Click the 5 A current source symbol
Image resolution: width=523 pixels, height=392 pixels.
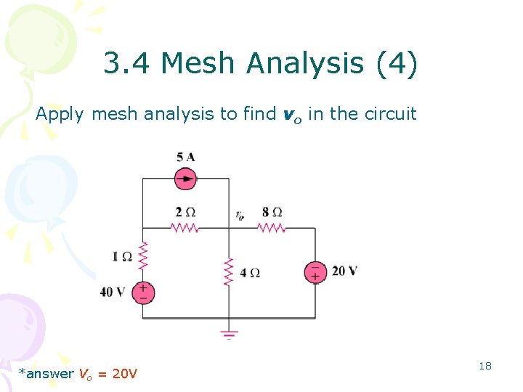(x=186, y=177)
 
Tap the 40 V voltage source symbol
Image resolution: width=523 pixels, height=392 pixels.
(x=142, y=293)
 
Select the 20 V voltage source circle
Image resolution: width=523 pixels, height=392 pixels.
(x=315, y=271)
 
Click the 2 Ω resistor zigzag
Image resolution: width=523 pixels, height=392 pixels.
(x=185, y=228)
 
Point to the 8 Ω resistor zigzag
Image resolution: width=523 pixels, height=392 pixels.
(x=272, y=228)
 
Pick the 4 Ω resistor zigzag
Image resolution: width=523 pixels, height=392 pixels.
(x=229, y=271)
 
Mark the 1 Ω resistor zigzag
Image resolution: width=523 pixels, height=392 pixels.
(x=142, y=256)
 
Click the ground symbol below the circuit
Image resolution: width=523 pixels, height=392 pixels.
(x=229, y=335)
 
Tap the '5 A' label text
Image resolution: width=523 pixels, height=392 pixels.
(x=185, y=157)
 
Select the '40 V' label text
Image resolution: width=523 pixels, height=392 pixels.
(x=113, y=293)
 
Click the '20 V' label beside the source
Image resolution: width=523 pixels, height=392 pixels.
(x=344, y=271)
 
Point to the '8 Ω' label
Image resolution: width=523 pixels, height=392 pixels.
(x=272, y=212)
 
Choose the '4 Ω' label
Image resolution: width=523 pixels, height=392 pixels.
(x=250, y=273)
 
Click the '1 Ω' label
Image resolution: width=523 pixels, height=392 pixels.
(x=121, y=256)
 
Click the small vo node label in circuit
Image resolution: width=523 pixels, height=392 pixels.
(x=239, y=215)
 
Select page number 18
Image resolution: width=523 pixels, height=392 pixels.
(x=485, y=366)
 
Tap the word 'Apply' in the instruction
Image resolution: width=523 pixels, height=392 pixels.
(x=61, y=114)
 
